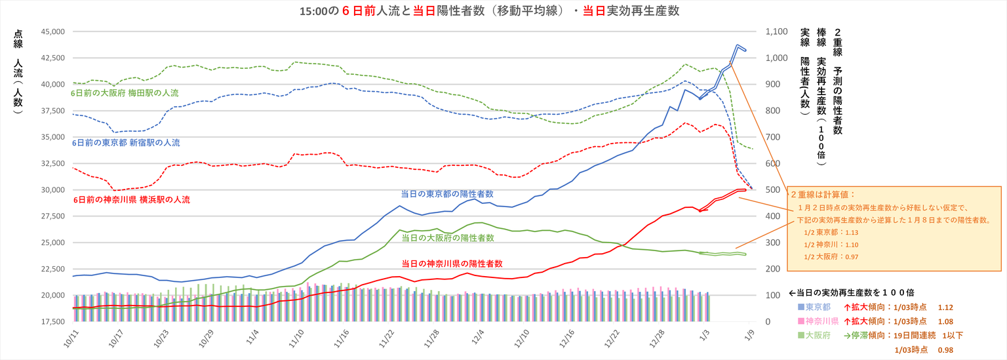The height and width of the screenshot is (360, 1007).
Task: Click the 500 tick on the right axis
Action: click(x=772, y=190)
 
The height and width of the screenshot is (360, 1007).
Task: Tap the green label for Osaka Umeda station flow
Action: click(x=124, y=93)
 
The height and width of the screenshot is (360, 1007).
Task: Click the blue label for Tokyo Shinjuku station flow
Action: click(x=125, y=142)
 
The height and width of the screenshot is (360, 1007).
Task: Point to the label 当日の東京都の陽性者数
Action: click(x=447, y=194)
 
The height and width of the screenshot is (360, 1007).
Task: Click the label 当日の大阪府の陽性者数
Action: click(x=447, y=237)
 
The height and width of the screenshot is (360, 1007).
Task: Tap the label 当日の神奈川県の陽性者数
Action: click(x=452, y=263)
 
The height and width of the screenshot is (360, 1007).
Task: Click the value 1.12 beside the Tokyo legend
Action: click(x=945, y=307)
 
